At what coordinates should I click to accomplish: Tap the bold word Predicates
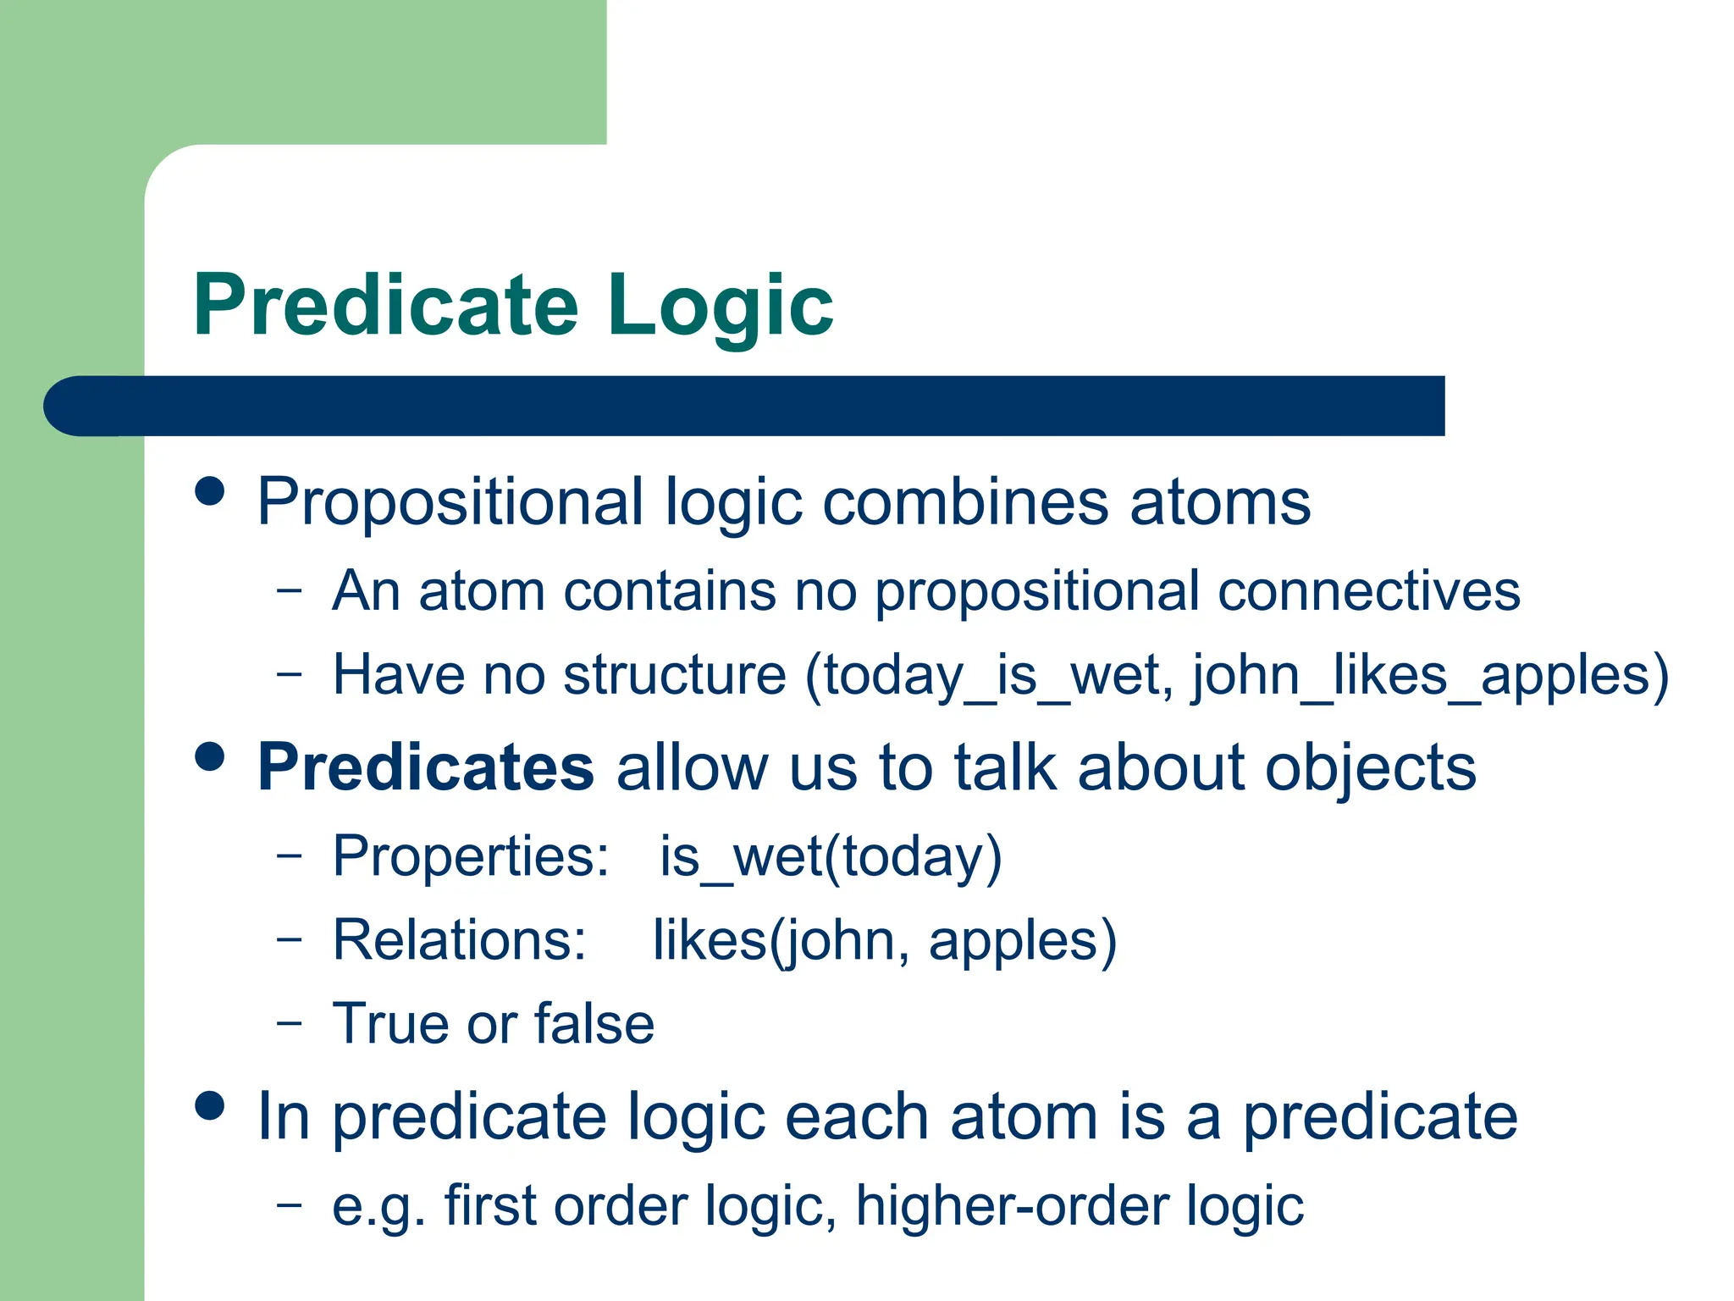[426, 767]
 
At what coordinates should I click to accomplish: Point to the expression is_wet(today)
[831, 856]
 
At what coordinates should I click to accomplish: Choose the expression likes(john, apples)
[884, 940]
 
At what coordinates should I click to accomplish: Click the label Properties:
[471, 856]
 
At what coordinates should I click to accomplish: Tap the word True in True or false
[389, 1024]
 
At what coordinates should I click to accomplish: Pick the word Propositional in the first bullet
[450, 503]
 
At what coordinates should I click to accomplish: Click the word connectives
[1368, 591]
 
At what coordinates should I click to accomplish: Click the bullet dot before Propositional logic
[210, 490]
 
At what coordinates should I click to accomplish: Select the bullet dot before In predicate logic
[210, 1105]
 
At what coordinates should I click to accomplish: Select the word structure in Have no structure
[675, 676]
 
